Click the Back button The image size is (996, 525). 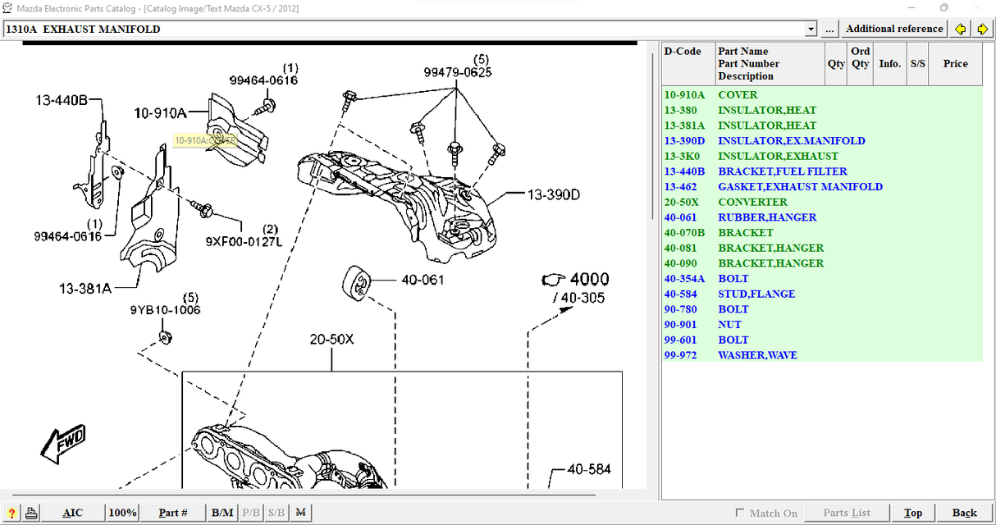(964, 513)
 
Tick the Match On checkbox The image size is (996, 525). (740, 513)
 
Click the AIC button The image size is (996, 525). (72, 513)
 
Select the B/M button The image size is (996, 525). (222, 513)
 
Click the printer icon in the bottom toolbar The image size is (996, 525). (31, 513)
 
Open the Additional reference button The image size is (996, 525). (894, 29)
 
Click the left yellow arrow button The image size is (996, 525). (960, 29)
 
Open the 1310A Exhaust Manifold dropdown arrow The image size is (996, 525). (811, 29)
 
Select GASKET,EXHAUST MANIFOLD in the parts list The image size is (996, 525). (800, 187)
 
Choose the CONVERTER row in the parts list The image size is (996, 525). (752, 203)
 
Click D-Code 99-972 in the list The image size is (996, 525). (680, 355)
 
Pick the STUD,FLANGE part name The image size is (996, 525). (756, 294)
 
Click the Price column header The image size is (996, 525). (955, 63)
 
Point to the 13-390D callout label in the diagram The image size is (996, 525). (554, 194)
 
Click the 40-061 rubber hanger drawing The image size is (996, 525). (356, 283)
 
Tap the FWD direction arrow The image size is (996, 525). (64, 444)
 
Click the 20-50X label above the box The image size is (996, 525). (331, 340)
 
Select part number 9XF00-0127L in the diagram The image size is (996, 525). (244, 242)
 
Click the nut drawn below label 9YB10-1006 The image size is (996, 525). (166, 338)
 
